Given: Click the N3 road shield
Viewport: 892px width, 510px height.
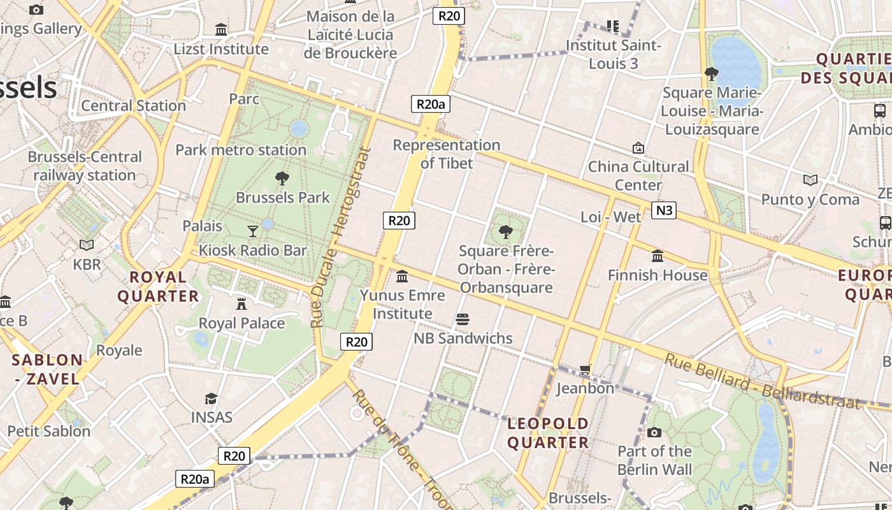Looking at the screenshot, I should (663, 210).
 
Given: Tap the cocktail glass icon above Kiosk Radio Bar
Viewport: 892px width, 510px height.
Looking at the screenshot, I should (253, 231).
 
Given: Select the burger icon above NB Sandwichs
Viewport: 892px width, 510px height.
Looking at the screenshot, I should (463, 319).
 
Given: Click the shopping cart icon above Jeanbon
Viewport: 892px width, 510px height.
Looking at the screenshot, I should (586, 369).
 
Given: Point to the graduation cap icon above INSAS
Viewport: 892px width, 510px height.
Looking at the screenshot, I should (211, 399).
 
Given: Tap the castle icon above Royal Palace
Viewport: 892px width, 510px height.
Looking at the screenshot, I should (241, 303).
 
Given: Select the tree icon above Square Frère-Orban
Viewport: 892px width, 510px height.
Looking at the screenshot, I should (506, 231).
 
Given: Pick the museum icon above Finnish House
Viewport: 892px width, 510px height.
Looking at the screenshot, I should (658, 256).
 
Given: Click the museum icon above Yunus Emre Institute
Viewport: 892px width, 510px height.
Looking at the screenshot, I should (402, 277).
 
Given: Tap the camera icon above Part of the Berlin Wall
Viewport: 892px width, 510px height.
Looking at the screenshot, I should (654, 433).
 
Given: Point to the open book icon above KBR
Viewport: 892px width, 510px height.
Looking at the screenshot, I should (87, 245).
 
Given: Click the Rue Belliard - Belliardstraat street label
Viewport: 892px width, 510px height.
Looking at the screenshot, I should (762, 381).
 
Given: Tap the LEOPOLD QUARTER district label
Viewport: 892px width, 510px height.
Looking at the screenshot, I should (548, 433).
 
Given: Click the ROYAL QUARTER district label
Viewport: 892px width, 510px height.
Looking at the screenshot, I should (158, 286).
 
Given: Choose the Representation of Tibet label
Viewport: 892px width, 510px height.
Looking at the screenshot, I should (447, 154).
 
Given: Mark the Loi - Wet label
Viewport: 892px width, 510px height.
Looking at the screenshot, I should (610, 217).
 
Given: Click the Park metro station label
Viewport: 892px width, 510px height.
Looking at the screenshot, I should (241, 150).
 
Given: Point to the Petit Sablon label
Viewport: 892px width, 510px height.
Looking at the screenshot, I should (49, 431).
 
